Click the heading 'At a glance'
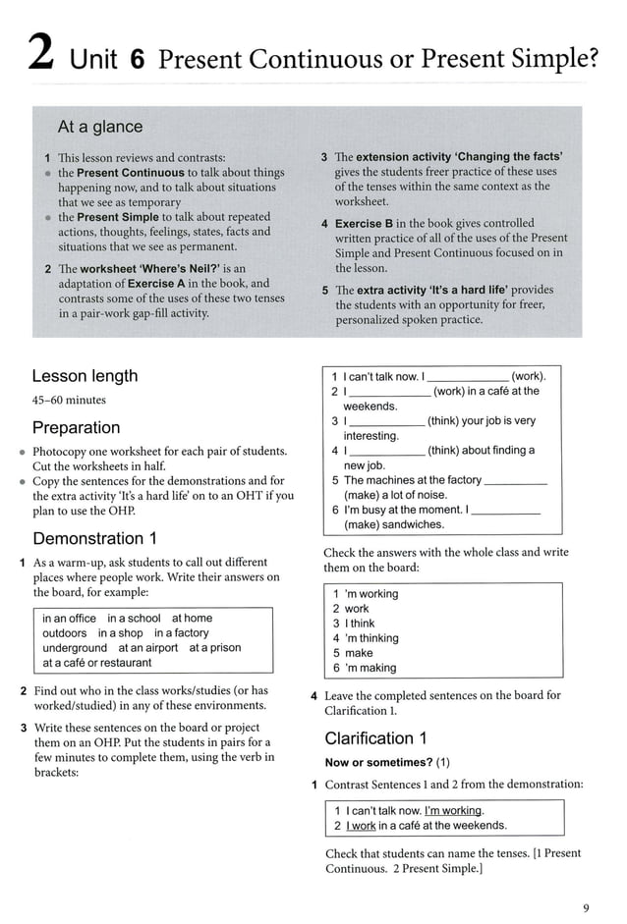click(x=100, y=127)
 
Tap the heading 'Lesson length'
click(x=85, y=376)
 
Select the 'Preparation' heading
click(x=77, y=428)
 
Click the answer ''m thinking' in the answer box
click(x=365, y=638)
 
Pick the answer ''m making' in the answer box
click(x=364, y=668)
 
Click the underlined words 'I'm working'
click(x=453, y=811)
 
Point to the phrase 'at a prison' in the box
click(x=215, y=648)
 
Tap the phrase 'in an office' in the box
click(x=70, y=619)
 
